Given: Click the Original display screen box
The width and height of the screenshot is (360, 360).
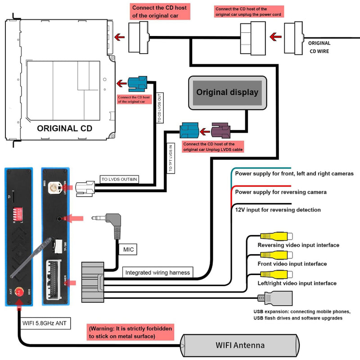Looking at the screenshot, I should (227, 93).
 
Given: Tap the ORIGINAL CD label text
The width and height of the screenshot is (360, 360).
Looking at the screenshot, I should (65, 128).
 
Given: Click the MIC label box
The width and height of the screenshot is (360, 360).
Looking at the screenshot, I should (127, 249).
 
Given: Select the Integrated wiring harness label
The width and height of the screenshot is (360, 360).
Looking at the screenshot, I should (157, 272).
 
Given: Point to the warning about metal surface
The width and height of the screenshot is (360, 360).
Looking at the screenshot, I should (130, 333).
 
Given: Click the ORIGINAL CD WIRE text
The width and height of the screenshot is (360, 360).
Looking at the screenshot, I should (319, 47).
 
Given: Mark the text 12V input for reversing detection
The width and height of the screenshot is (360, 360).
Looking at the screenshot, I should (278, 210).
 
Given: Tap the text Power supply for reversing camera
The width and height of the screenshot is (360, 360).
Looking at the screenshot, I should (281, 192).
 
